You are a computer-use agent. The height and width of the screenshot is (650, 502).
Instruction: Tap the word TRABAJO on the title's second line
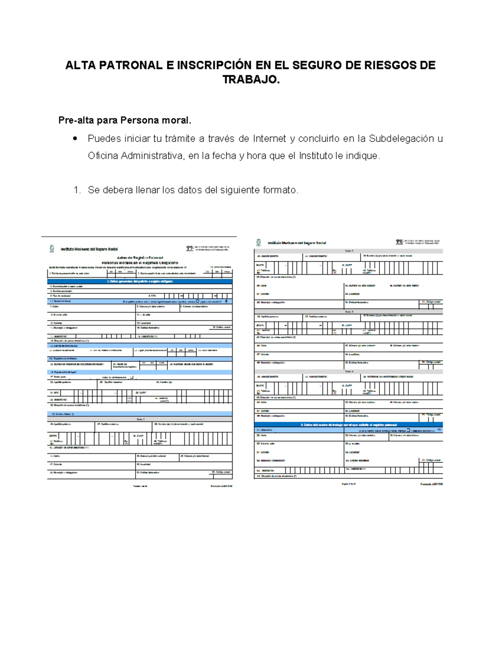click(250, 80)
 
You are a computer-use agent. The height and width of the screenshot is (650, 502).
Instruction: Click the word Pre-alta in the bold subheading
click(76, 121)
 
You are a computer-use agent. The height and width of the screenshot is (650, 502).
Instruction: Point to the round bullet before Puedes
click(75, 139)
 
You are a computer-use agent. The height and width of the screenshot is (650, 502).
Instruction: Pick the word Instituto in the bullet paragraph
click(316, 156)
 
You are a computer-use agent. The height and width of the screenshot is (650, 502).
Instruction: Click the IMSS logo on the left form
click(52, 249)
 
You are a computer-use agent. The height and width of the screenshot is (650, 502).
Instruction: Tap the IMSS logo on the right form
click(259, 242)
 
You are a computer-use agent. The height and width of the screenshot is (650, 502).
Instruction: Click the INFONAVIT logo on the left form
click(190, 249)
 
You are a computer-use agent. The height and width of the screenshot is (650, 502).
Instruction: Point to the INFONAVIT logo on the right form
click(400, 242)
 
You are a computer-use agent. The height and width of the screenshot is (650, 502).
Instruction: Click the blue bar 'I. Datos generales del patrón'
click(140, 281)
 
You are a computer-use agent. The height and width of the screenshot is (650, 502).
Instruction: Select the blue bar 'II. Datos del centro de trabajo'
click(348, 424)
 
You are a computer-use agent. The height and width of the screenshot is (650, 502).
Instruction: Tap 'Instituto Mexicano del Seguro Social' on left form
click(89, 249)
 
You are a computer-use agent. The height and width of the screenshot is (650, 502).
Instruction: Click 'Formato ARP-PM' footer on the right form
click(431, 484)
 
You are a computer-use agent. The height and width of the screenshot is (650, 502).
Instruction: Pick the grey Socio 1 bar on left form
click(140, 419)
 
